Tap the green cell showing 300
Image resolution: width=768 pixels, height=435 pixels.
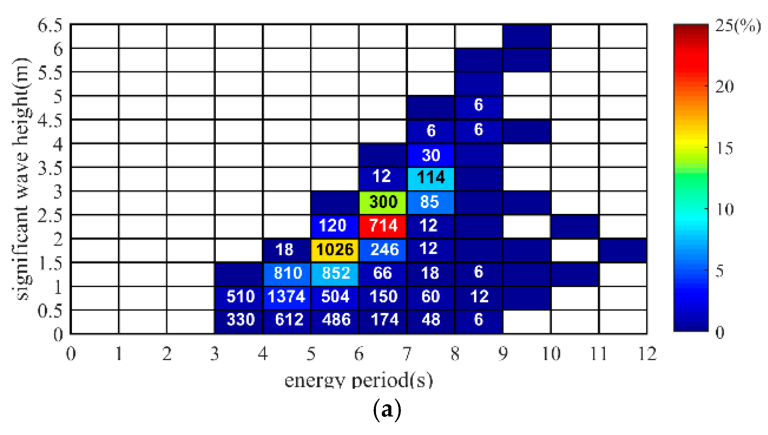click(383, 202)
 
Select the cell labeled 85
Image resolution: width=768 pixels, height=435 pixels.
click(431, 202)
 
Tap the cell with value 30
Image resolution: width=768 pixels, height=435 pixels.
click(431, 155)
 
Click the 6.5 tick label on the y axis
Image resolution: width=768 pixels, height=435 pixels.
click(50, 26)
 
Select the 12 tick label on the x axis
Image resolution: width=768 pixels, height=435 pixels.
click(647, 354)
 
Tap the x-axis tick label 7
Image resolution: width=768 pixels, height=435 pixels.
click(407, 354)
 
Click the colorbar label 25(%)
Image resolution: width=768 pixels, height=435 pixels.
click(738, 26)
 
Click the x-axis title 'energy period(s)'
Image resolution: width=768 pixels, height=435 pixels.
click(359, 380)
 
